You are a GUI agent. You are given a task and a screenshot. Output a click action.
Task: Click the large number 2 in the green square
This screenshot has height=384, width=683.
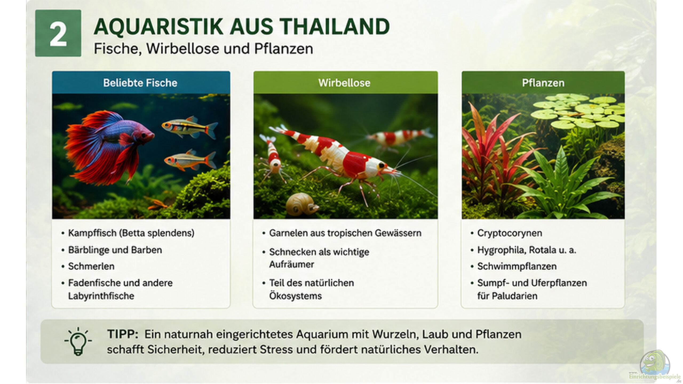[x=58, y=34]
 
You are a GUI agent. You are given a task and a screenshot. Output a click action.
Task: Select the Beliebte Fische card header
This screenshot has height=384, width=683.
[x=141, y=83]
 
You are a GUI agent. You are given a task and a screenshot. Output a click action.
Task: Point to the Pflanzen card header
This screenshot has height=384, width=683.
[x=543, y=83]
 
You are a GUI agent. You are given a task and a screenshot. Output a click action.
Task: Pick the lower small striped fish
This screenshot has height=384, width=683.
[x=190, y=160]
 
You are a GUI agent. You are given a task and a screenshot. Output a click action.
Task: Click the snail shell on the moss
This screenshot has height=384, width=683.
[x=301, y=204]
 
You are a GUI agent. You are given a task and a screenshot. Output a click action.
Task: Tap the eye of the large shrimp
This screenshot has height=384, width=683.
[x=382, y=166]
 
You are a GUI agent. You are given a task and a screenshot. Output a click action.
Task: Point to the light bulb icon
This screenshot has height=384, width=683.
[x=78, y=341]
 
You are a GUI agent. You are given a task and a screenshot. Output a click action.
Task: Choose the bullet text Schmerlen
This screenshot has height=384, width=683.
[x=91, y=266]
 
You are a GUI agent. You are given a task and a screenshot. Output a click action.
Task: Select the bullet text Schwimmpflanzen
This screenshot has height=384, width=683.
[x=517, y=266]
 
